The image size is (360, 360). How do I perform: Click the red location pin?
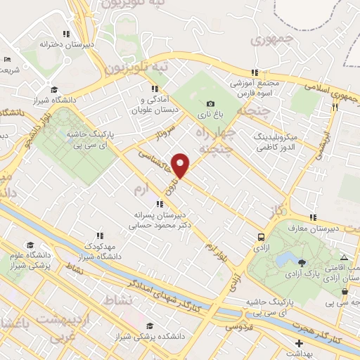point(181,165)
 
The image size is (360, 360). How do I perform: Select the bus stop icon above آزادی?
point(262,238)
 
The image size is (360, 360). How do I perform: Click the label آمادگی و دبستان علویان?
point(155,104)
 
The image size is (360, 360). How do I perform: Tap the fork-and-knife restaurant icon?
point(335,108)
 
